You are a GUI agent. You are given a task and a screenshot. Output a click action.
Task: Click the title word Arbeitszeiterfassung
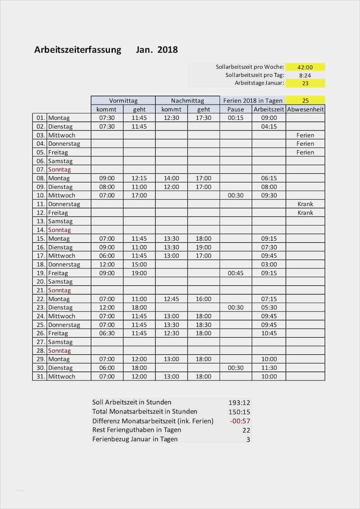[78, 50]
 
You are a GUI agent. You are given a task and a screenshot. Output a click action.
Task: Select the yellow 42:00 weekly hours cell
[305, 67]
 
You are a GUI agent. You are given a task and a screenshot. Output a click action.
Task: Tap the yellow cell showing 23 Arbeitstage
[305, 83]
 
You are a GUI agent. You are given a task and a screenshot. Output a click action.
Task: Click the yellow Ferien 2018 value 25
[305, 100]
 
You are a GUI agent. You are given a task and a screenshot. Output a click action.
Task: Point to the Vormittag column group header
[123, 100]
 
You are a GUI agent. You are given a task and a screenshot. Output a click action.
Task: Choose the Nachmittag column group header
[187, 100]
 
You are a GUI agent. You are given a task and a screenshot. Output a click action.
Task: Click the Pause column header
[236, 109]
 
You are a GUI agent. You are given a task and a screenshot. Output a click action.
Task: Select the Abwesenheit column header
[305, 109]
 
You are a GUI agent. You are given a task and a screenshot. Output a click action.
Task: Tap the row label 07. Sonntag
[59, 169]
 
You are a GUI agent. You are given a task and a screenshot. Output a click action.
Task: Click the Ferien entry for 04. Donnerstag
[305, 144]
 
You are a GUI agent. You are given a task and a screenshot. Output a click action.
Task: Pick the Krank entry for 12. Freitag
[305, 212]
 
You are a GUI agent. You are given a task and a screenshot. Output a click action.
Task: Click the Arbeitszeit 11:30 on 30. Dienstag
[269, 368]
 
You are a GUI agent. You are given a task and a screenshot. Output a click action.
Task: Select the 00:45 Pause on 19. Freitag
[236, 273]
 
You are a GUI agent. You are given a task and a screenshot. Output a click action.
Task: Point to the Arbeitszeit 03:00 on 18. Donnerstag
[269, 264]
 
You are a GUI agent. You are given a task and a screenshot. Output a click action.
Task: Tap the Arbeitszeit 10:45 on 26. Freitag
[269, 333]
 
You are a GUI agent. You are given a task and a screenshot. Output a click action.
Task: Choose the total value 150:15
[239, 412]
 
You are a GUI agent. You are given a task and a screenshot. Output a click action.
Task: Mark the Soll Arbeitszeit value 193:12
[239, 402]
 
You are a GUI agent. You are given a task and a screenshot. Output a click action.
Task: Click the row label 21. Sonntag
[59, 290]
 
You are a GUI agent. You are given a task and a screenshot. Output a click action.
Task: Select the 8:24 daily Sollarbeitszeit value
[305, 75]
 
